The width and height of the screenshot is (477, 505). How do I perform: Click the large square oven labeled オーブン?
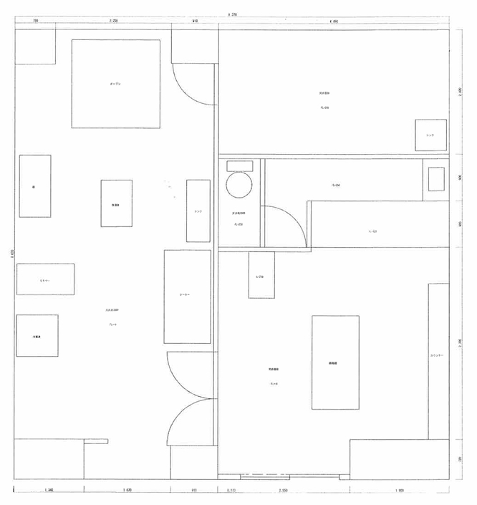point(115,84)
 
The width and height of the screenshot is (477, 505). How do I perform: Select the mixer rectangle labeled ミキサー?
point(45,279)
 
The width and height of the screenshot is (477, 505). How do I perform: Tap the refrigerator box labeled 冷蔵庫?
point(37,335)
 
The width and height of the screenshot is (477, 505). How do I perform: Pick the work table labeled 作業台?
point(116,203)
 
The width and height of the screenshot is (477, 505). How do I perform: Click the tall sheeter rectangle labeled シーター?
point(187,296)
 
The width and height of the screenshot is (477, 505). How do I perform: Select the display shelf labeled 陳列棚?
point(335,362)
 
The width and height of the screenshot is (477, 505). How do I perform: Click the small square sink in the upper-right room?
point(430,135)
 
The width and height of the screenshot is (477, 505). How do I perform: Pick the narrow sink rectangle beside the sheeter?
point(198,211)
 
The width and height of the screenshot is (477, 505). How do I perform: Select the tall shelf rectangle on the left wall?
point(34,186)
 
